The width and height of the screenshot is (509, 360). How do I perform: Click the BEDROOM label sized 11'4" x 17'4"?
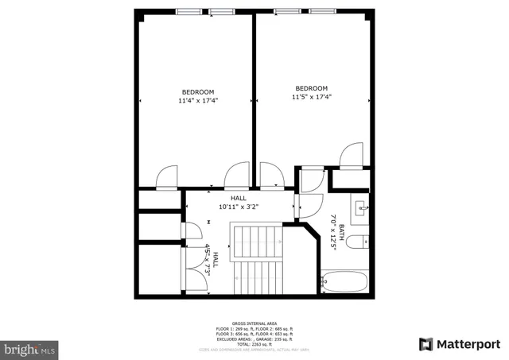point(198,91)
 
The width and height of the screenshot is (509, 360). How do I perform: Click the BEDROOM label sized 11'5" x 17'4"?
point(311,88)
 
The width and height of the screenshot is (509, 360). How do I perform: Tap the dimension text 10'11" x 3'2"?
point(239,207)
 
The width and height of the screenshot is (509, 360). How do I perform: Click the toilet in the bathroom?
point(360,241)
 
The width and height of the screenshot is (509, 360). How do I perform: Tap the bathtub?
point(344,282)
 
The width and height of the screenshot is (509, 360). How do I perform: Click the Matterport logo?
point(460,344)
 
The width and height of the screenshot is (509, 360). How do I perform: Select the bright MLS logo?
point(29,348)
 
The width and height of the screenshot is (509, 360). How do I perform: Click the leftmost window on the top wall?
point(188,12)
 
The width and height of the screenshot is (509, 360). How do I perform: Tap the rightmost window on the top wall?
point(321,12)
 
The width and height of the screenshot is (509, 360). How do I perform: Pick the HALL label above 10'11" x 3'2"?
point(239,198)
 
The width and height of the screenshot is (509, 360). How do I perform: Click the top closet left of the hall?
point(159,201)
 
